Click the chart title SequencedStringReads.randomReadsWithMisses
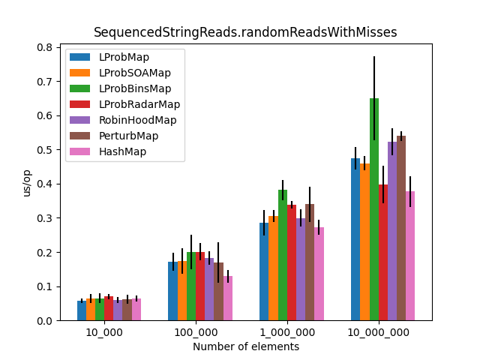coord(245,32)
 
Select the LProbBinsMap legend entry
coord(135,88)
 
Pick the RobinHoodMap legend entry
coord(137,120)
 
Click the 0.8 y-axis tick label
coord(45,47)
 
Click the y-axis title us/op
coord(27,184)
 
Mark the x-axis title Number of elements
coord(246,346)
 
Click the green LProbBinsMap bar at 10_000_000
coord(374,210)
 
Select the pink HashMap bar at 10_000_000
coord(410,256)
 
